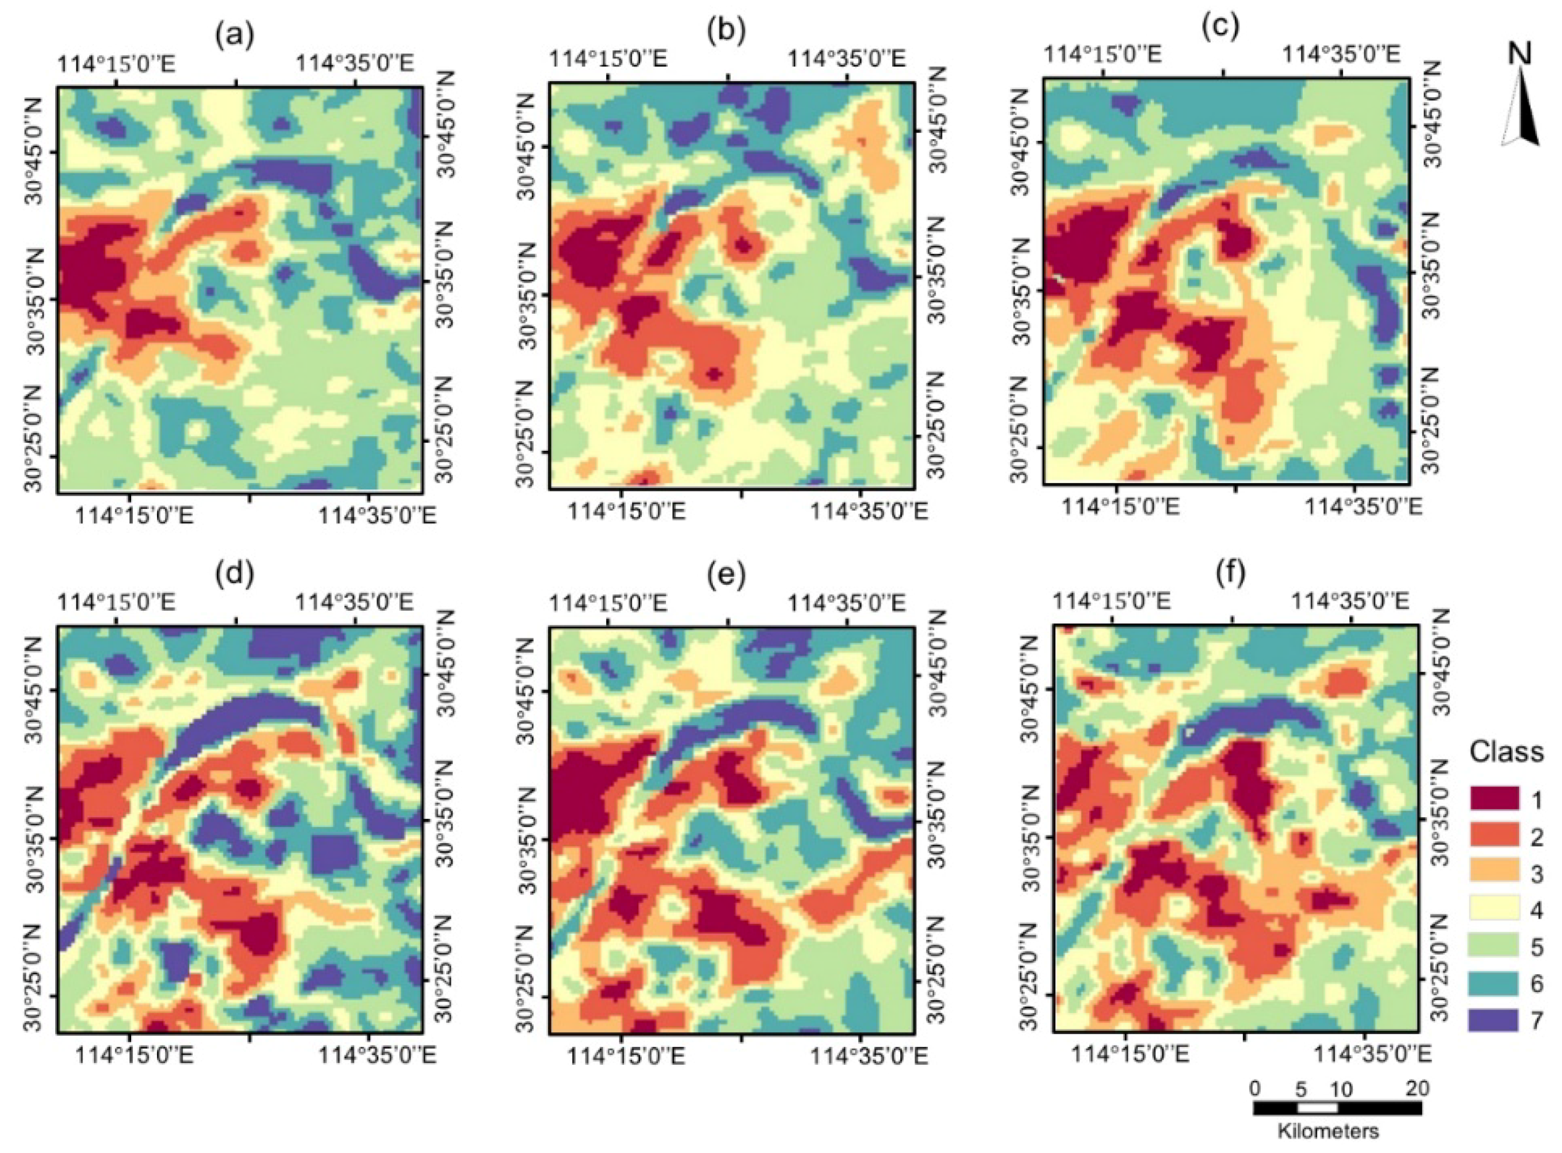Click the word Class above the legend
pos(1506,752)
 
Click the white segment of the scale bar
pos(1317,1108)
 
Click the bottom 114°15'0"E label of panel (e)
pos(627,1056)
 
